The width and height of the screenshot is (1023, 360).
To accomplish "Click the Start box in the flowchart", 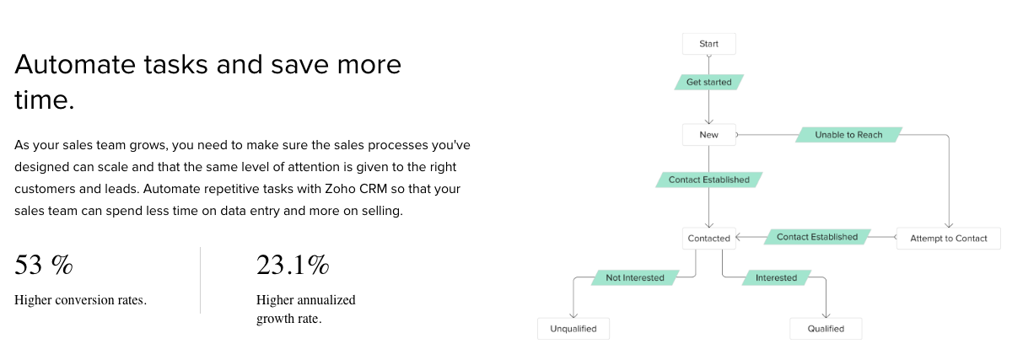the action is pos(708,44).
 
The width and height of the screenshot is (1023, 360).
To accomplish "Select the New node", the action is pos(708,135).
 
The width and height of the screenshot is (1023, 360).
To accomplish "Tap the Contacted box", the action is pos(708,239).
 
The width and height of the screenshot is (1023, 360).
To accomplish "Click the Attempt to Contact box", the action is pos(949,239).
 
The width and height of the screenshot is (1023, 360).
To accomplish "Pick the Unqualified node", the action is pos(573,329).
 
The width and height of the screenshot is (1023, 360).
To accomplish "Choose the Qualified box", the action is pos(826,329).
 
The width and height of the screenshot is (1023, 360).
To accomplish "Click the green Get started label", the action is pos(708,82).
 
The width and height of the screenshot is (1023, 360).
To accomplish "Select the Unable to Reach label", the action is pos(848,135).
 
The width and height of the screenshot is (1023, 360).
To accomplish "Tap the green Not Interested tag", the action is pos(635,277).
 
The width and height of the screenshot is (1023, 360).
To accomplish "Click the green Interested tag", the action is pos(777,277).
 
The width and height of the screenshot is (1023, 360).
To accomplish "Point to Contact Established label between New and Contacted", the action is pos(708,180).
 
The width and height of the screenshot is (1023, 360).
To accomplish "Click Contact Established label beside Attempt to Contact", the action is pos(817,237).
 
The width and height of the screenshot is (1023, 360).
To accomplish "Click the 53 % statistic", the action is pos(44,265).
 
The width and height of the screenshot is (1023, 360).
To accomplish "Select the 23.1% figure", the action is pos(293,265).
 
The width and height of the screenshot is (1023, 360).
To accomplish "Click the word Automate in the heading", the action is pos(75,64).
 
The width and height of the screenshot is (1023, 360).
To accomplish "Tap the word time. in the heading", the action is pos(45,100).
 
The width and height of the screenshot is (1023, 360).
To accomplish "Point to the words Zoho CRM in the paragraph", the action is pos(356,189).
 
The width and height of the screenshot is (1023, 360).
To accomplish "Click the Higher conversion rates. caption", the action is pos(80,300).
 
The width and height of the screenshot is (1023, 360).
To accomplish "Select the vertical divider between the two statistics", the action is pos(200,280).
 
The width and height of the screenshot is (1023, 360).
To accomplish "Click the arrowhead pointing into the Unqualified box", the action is pos(573,315).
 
